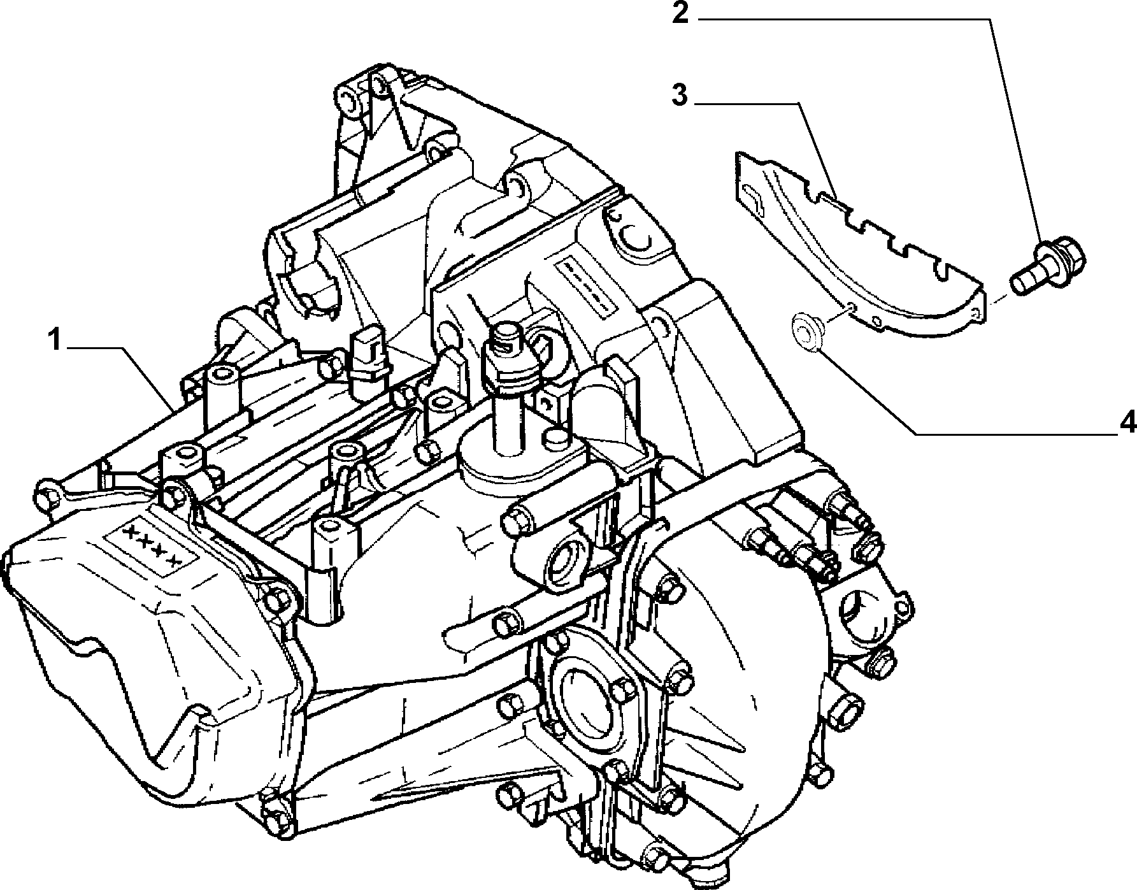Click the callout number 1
tap(56, 341)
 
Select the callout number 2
tap(680, 13)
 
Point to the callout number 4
tap(1127, 422)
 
